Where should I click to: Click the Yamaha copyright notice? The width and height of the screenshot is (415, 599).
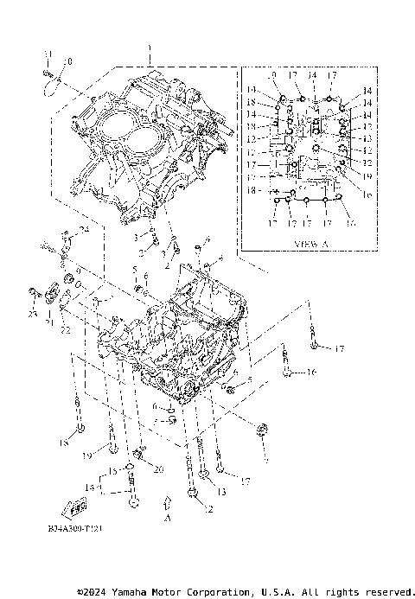(245, 591)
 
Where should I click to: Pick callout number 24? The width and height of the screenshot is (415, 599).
(85, 230)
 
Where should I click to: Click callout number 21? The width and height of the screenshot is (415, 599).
(49, 322)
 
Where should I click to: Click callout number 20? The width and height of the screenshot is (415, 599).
(157, 468)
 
